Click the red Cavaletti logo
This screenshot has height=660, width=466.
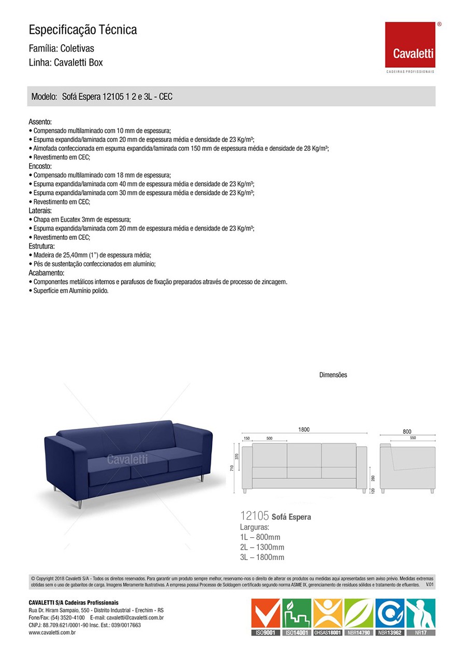pos(410,45)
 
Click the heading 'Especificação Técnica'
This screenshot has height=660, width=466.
pos(83,30)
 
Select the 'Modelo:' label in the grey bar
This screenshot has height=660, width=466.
pos(44,97)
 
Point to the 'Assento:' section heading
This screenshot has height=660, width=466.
pos(40,122)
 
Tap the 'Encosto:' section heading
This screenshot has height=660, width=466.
pos(40,166)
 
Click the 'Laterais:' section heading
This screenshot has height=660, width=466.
pos(40,211)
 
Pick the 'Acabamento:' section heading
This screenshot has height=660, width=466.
pos(46,273)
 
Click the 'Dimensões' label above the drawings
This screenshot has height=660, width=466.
pos(333,375)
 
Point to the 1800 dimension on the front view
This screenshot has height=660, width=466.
pos(303,429)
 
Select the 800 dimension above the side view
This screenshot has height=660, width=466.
pos(407,431)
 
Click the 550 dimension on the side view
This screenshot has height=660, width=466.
pos(413,438)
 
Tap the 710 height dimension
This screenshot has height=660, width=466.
pos(232,468)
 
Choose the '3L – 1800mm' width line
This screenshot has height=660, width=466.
pos(262,557)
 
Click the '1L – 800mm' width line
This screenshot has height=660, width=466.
pos(260,537)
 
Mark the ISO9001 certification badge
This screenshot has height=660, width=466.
pos(266,617)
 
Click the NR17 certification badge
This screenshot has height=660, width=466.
pos(420,617)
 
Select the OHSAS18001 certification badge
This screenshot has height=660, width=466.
pos(328,617)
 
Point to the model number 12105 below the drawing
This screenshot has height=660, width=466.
pos(254,516)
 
